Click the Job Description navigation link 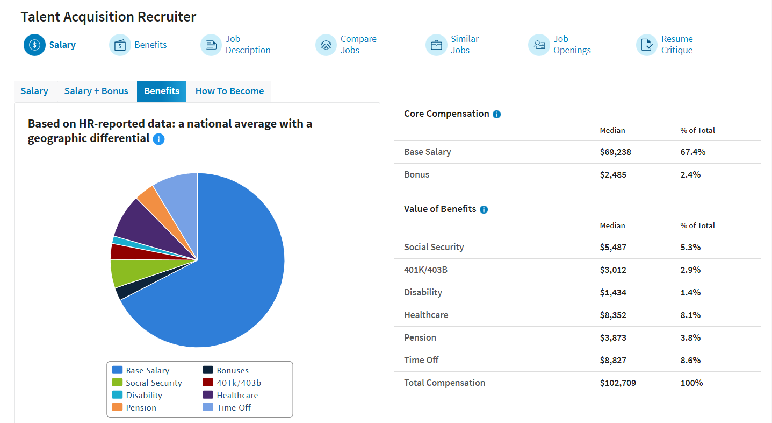248,45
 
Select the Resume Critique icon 646,45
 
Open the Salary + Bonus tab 96,91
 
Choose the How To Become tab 229,91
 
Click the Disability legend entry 143,395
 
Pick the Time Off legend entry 233,407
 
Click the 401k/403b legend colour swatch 208,383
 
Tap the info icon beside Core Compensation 496,114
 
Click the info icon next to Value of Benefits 484,209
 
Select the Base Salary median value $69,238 615,152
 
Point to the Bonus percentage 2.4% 690,175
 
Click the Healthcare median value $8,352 613,315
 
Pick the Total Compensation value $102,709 617,383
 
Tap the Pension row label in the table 420,338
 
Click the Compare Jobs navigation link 358,45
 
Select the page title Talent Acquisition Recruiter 108,17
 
